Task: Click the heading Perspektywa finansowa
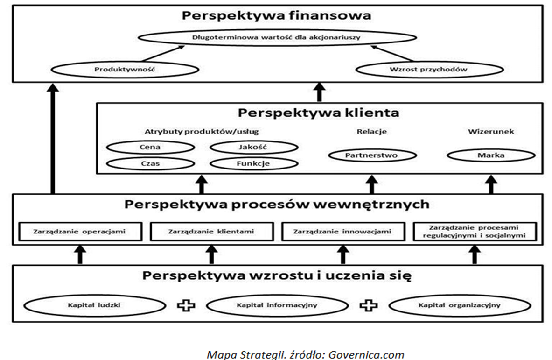(276, 15)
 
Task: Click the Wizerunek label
(491, 131)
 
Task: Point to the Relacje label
(372, 131)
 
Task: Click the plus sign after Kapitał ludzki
(186, 305)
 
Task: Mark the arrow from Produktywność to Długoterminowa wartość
(163, 54)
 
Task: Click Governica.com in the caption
(366, 354)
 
